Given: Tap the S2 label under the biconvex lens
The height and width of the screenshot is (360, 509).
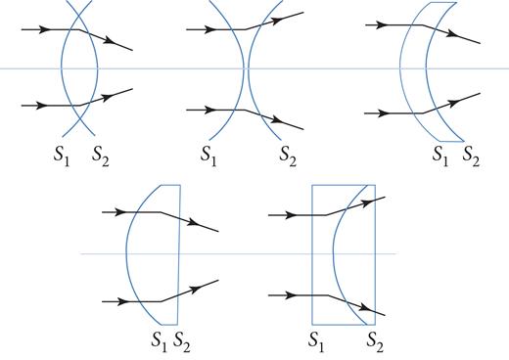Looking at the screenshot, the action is tap(99, 155).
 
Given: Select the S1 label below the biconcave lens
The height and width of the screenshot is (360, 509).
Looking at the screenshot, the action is tap(208, 155).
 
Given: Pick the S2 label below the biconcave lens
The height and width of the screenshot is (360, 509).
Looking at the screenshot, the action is tap(286, 155).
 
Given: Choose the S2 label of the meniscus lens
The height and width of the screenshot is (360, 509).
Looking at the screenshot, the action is tap(471, 155).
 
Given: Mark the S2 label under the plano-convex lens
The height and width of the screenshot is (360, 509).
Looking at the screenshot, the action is tap(182, 340).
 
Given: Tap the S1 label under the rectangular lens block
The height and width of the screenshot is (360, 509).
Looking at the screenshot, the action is tap(316, 340).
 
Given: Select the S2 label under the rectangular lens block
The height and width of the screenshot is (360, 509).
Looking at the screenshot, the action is tap(375, 340).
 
